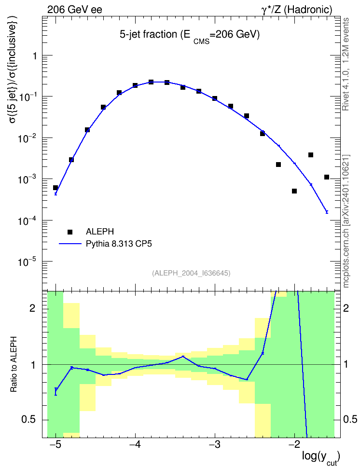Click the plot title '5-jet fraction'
click(148, 35)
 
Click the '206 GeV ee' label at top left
click(74, 10)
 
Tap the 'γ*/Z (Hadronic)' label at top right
click(297, 10)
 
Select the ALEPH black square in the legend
click(70, 232)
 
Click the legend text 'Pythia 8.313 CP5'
click(119, 244)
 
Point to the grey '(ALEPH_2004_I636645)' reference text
click(191, 273)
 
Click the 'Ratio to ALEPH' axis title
click(14, 364)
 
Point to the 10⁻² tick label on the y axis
click(27, 138)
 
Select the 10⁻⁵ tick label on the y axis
click(27, 262)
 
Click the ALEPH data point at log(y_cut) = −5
click(55, 188)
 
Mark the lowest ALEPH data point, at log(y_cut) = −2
click(294, 191)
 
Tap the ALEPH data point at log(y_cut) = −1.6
click(327, 177)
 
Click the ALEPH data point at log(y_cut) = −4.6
click(87, 130)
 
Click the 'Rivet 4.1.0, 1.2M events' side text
click(346, 64)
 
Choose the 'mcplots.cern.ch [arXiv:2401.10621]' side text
click(346, 221)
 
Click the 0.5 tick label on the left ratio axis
click(29, 420)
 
